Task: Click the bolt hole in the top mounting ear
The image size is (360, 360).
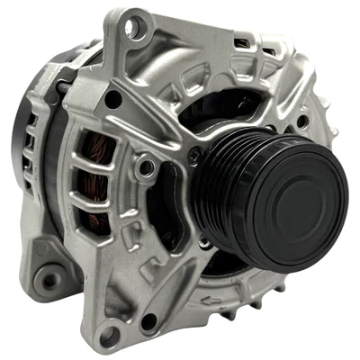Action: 132,28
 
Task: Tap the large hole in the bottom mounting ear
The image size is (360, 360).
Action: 108,336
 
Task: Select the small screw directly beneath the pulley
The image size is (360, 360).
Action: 206,241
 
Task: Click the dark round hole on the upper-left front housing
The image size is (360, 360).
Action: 113,99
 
